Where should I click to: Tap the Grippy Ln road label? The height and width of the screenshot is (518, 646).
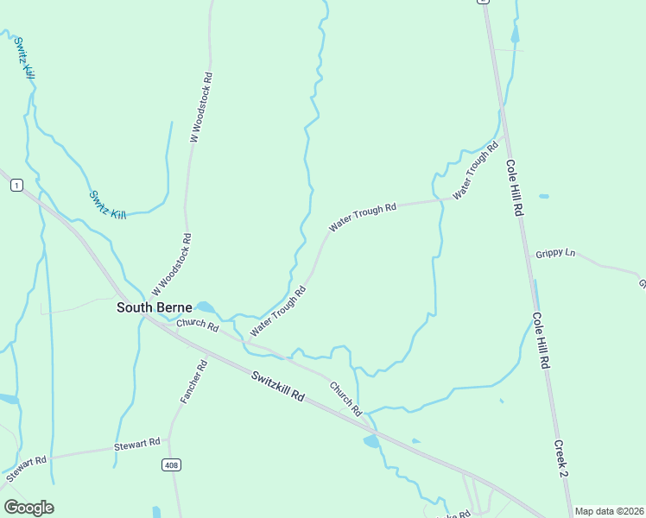click(555, 253)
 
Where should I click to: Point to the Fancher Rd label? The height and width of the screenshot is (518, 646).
click(193, 382)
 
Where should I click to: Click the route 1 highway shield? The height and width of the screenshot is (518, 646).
click(16, 186)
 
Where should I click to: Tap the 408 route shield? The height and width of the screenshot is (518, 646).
click(171, 465)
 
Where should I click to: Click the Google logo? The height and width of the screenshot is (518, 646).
click(28, 508)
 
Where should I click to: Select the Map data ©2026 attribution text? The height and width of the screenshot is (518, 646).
click(609, 511)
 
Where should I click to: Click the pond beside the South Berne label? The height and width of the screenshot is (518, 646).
click(206, 306)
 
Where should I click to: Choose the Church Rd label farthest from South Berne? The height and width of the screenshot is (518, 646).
click(344, 399)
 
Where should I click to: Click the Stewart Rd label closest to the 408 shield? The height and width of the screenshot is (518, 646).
click(137, 445)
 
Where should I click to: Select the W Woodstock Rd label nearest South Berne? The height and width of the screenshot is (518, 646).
click(171, 263)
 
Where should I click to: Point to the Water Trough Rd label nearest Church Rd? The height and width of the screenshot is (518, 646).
click(278, 312)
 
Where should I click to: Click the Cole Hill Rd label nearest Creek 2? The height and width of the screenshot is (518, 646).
click(540, 342)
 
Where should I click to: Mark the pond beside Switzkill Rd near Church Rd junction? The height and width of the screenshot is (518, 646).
click(371, 442)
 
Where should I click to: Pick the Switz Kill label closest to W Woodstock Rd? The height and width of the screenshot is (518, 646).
click(107, 205)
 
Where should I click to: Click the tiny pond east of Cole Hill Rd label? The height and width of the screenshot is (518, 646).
click(543, 196)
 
